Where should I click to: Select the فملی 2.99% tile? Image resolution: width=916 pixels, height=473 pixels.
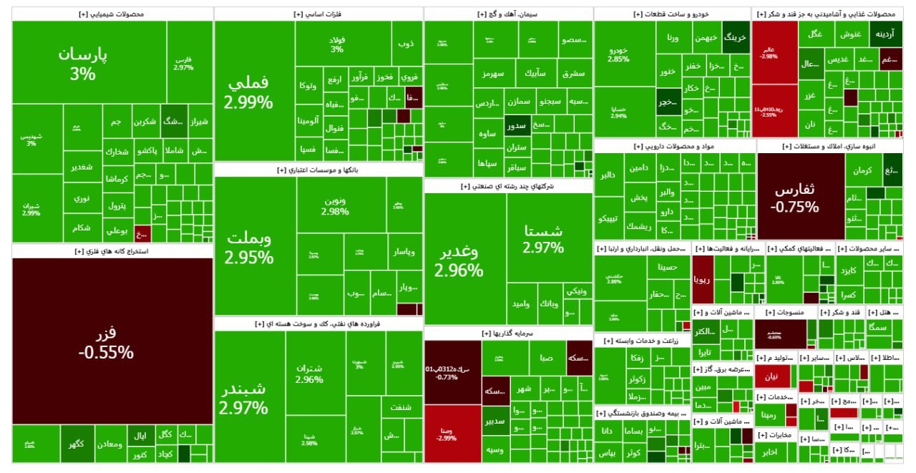point(248,92)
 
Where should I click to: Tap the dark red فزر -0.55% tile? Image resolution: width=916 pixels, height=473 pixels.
point(106,342)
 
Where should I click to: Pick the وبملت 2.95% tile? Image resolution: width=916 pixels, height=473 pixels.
point(248,248)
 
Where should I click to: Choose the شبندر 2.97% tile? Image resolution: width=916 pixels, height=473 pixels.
point(243,398)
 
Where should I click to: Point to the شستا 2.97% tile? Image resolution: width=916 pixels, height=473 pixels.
point(543,239)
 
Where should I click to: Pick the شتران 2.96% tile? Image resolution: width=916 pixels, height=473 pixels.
point(309,374)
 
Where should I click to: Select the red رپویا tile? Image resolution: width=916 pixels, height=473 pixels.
point(702,279)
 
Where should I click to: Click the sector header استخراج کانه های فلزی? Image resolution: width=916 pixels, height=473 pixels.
point(112,251)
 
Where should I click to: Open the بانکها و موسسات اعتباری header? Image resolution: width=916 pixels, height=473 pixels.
point(318,170)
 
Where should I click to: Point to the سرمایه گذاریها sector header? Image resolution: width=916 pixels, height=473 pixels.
point(508,333)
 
